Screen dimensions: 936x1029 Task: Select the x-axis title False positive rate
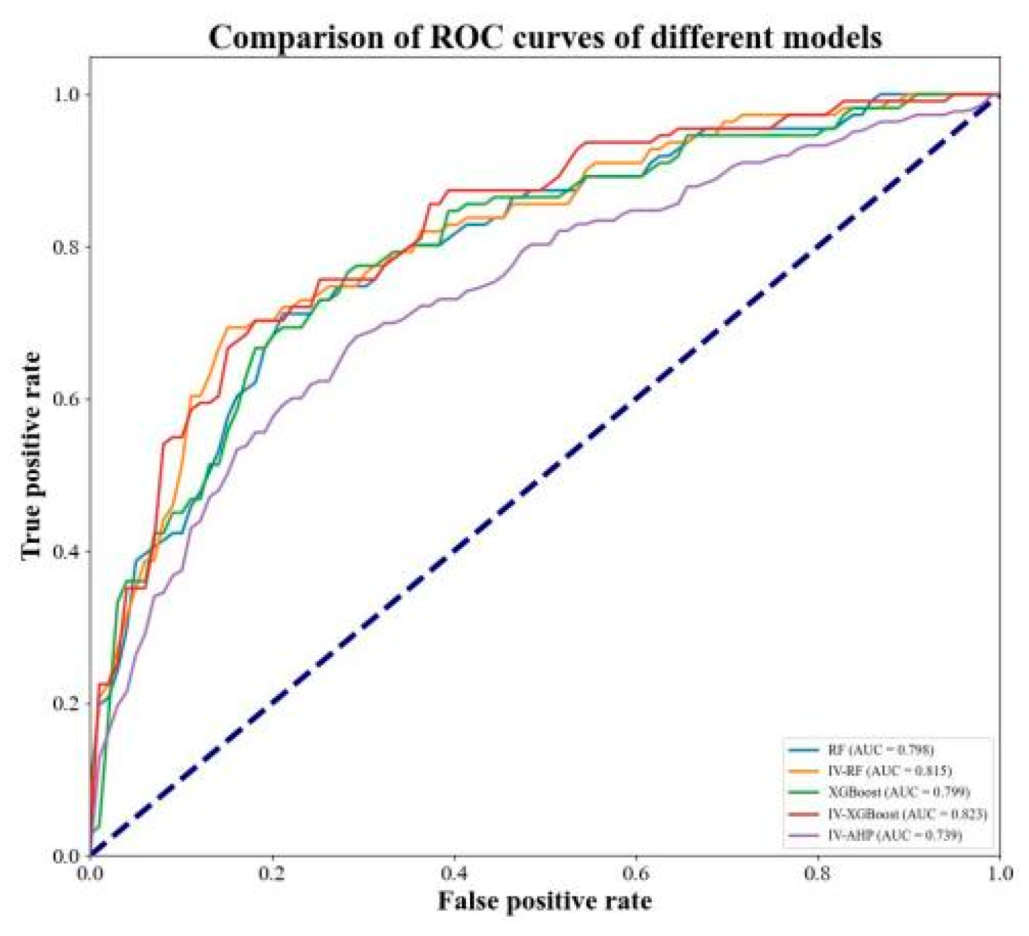(544, 901)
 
